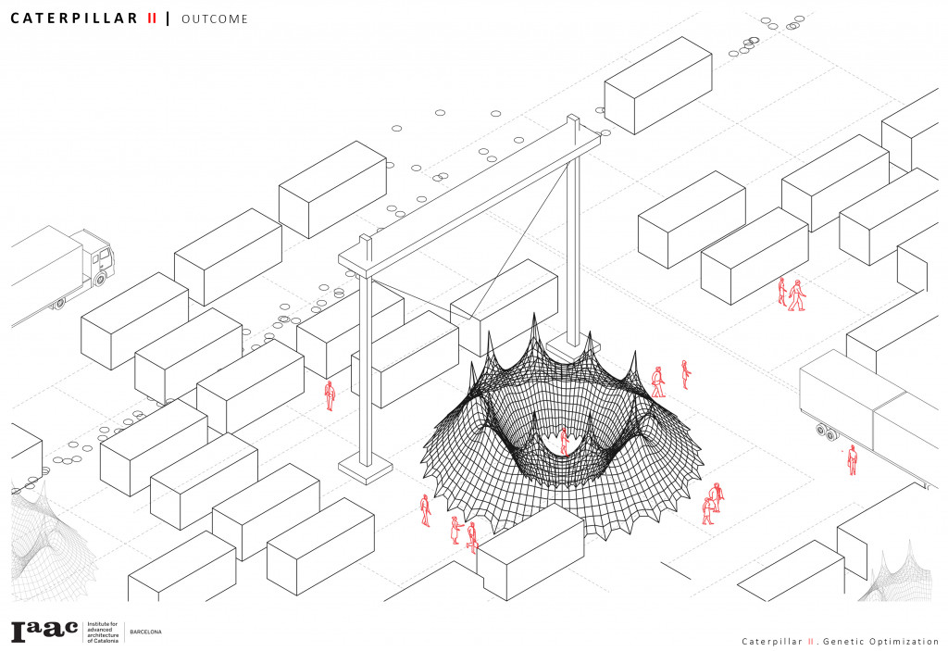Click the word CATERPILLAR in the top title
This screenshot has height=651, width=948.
[74, 19]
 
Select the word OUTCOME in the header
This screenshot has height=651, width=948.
[215, 19]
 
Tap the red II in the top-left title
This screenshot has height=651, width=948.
[152, 19]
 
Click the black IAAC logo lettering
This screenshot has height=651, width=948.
[44, 631]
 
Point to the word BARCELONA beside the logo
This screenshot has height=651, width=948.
[145, 632]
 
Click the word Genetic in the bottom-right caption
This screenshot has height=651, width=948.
[843, 642]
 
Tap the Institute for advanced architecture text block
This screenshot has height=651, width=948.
[103, 632]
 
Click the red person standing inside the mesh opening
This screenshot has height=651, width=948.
[564, 441]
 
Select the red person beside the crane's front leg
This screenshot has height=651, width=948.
[330, 395]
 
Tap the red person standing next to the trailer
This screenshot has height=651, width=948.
[852, 460]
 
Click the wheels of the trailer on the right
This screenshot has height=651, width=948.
[827, 432]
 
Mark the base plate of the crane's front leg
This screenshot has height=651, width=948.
[365, 469]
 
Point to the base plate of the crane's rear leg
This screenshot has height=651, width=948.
[573, 348]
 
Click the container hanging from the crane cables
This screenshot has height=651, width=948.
[505, 307]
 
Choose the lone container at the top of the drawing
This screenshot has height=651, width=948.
[658, 84]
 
